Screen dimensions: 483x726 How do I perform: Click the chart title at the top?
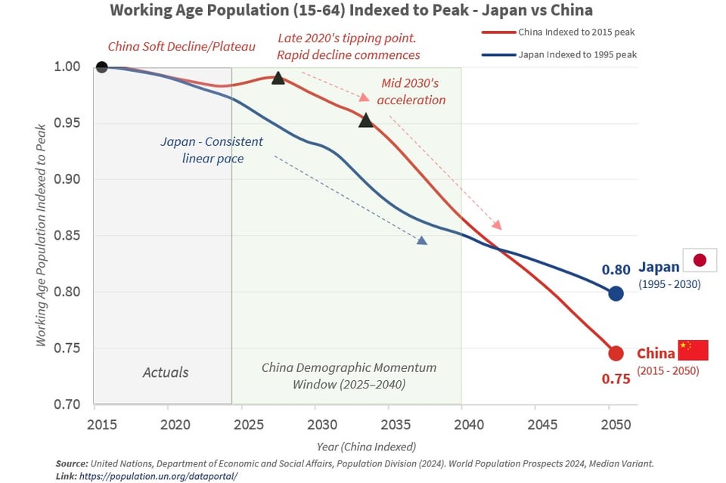(351, 11)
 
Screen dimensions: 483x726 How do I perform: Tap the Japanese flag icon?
(700, 260)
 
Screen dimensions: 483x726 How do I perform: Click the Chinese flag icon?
(693, 350)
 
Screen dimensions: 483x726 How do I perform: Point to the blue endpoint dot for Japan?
(616, 293)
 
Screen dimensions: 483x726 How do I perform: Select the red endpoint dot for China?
(616, 353)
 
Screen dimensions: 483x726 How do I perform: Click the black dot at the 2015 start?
(102, 67)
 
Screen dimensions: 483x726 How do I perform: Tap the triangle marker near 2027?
(278, 78)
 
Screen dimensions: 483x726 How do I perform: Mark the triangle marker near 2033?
(366, 120)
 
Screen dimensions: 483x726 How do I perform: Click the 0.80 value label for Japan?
(616, 270)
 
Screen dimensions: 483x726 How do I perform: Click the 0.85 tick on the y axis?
(67, 236)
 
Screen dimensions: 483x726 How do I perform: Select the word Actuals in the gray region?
(166, 372)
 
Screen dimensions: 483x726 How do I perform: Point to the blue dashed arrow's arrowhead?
(422, 240)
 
